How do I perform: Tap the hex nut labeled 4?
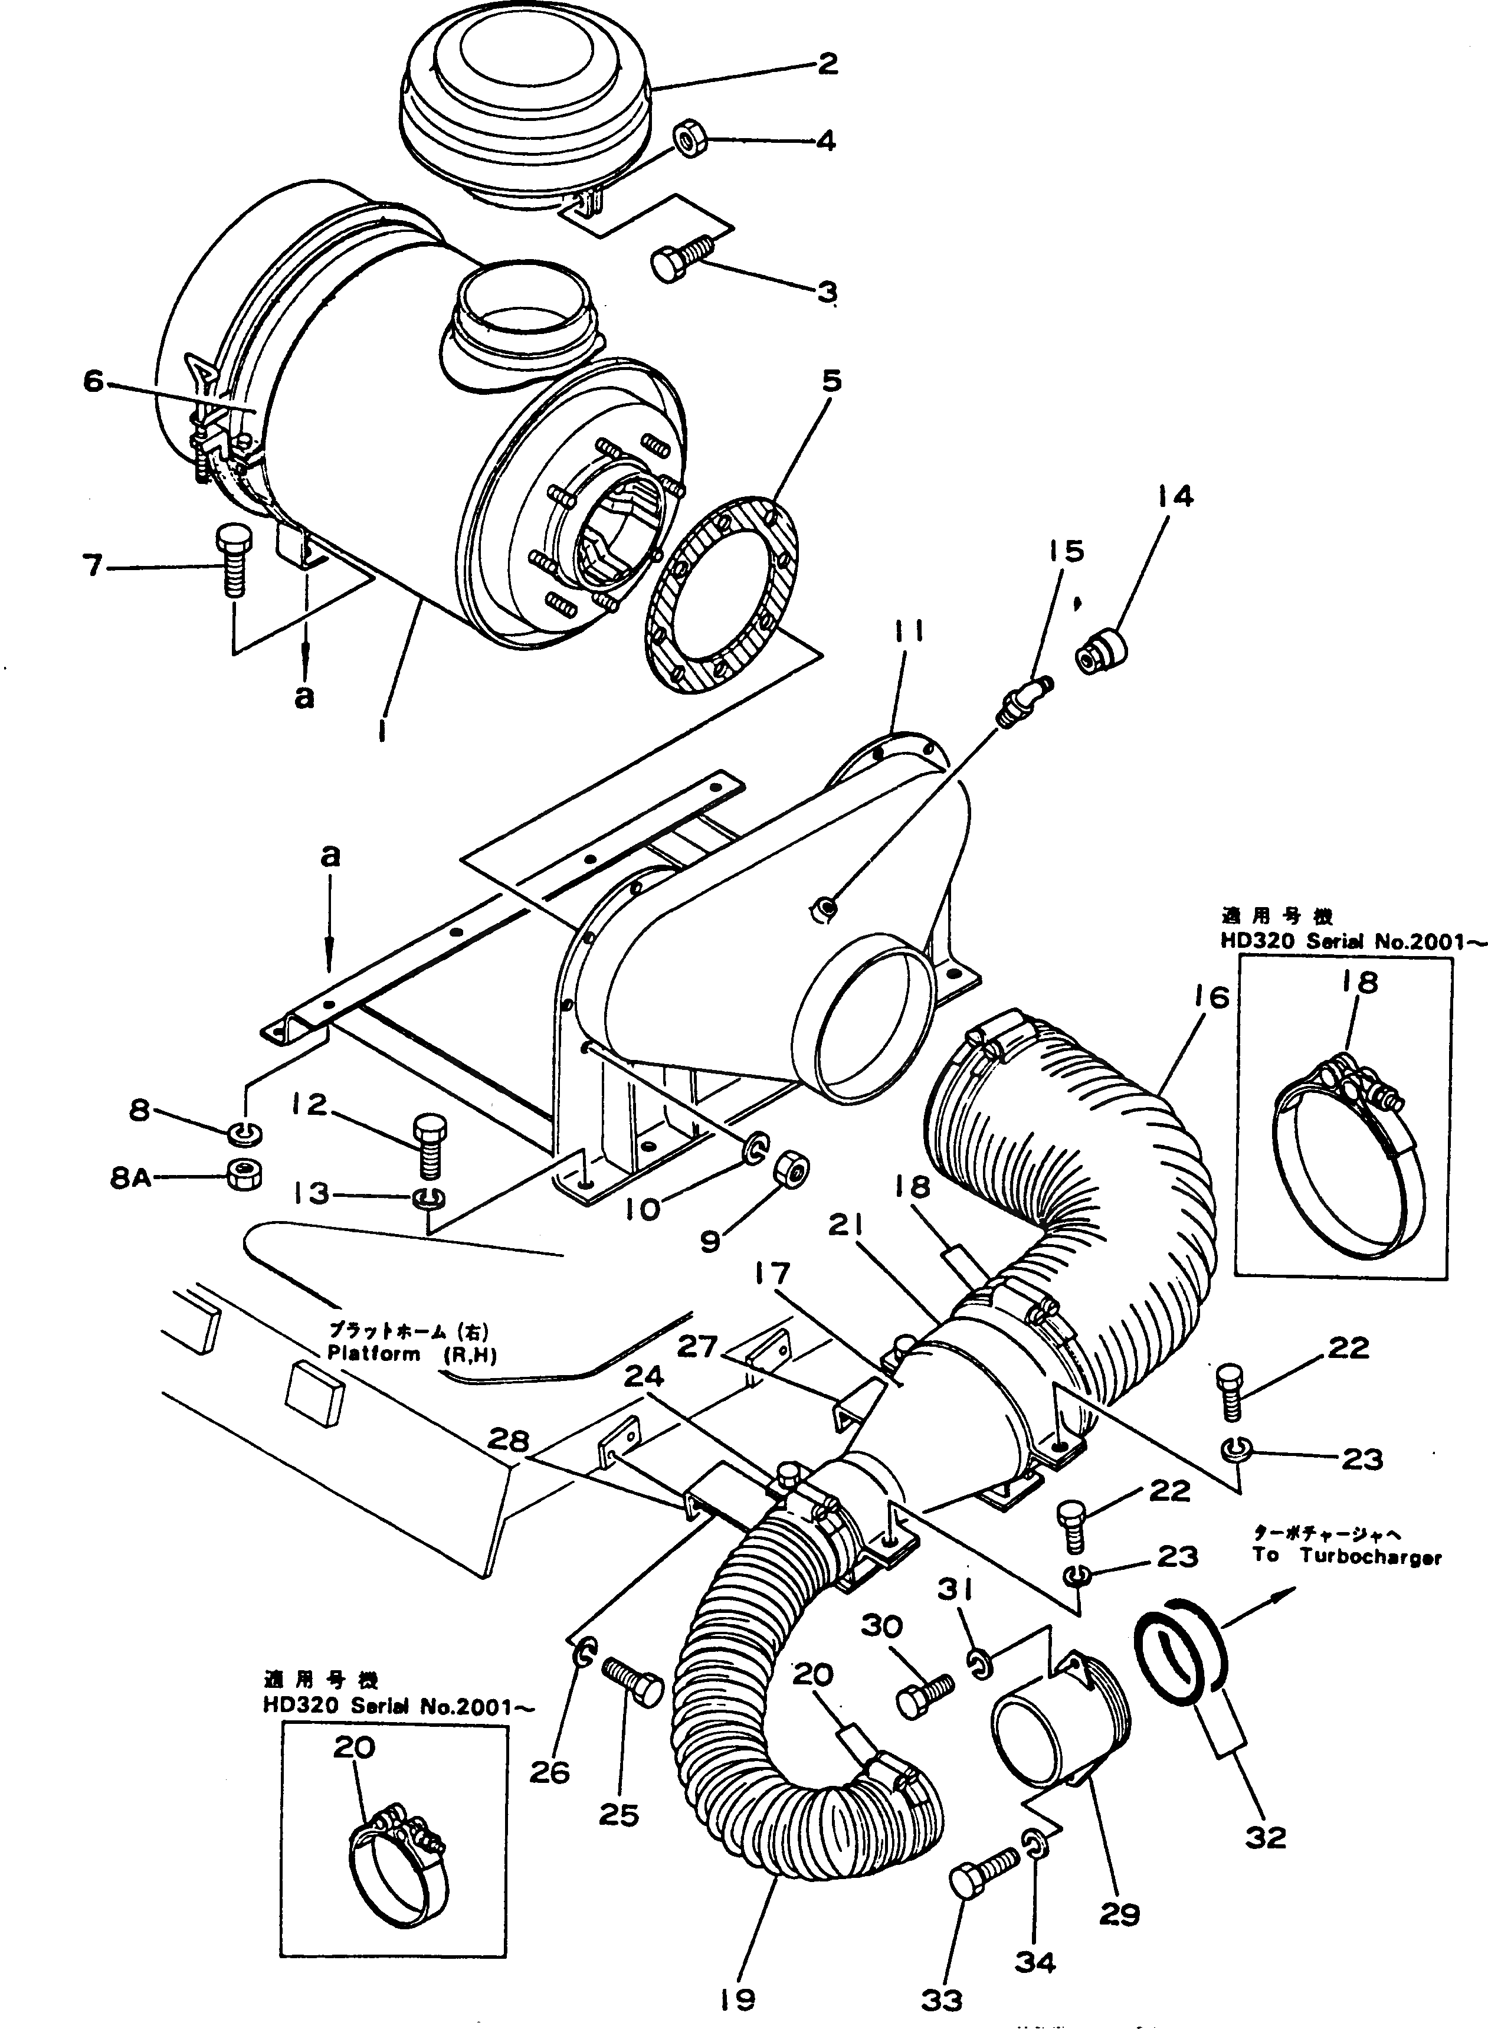pyautogui.click(x=689, y=140)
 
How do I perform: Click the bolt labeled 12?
pyautogui.click(x=427, y=1146)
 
